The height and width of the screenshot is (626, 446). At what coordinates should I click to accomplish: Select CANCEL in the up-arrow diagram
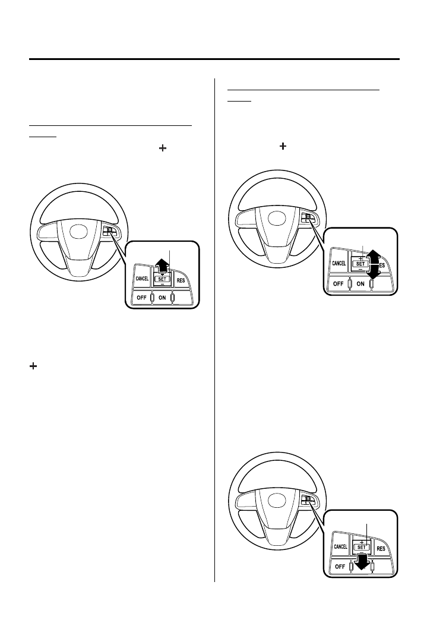click(142, 277)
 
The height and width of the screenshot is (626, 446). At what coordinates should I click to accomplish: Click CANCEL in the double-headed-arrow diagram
click(339, 263)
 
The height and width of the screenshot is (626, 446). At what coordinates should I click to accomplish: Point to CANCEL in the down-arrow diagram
click(340, 546)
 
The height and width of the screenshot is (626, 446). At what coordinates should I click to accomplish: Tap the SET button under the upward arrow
click(162, 278)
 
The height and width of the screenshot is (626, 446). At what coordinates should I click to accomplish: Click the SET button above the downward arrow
click(361, 547)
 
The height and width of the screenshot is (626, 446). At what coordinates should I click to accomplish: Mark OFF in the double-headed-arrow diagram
click(338, 283)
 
